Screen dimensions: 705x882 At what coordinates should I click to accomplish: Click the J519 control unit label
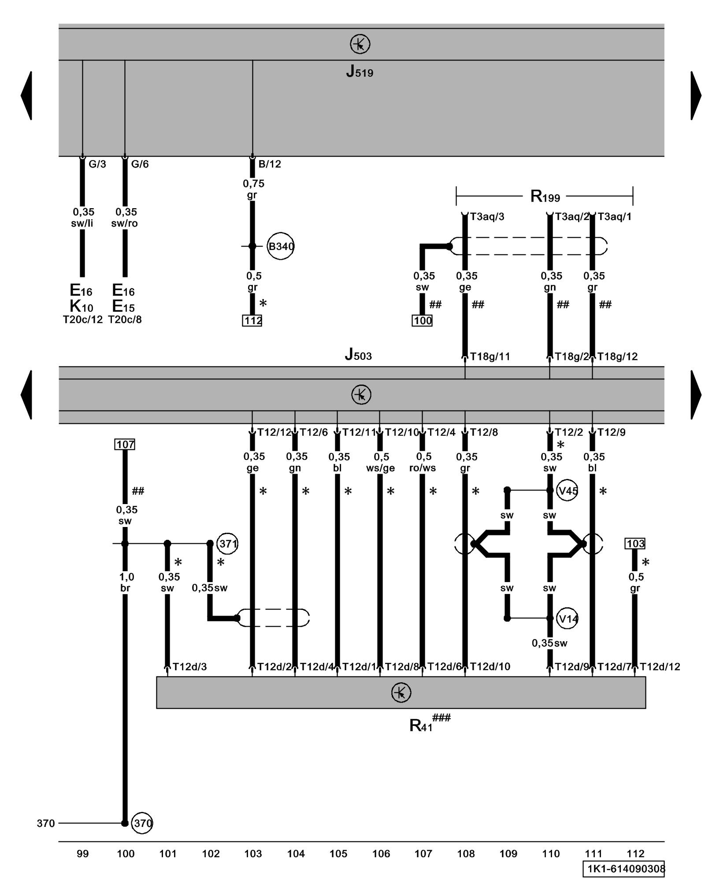pos(360,71)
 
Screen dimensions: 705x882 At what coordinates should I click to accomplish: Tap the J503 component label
pos(358,354)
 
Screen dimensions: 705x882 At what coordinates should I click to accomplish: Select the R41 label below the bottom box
pos(421,725)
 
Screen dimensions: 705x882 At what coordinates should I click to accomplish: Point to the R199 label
pos(545,196)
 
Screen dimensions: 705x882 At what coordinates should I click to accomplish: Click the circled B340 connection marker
pos(281,246)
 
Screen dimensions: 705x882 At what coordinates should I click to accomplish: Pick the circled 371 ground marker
pos(228,544)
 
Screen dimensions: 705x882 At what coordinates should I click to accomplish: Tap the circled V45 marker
pos(568,490)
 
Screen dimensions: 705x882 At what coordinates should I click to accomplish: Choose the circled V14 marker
pos(568,619)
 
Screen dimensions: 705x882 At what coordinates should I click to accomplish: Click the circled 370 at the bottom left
pos(142,823)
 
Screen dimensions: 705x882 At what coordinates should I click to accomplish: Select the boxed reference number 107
pos(125,445)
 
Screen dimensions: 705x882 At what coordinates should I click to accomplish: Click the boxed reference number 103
pos(635,544)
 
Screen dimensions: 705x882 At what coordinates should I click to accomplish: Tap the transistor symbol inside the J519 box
pos(360,44)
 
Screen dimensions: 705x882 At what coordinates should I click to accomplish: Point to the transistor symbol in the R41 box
pos(401,692)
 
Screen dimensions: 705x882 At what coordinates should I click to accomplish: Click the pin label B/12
pos(270,164)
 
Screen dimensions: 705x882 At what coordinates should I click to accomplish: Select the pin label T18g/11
pos(490,356)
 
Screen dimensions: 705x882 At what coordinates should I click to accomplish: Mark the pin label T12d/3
pos(190,667)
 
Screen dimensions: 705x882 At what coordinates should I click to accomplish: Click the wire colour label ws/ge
pos(380,468)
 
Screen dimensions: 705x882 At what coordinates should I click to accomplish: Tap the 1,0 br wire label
pos(126,582)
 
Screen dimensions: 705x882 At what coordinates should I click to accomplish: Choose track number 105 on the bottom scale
pos(338,854)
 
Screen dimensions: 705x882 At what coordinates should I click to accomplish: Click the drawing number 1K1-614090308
pos(623,869)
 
